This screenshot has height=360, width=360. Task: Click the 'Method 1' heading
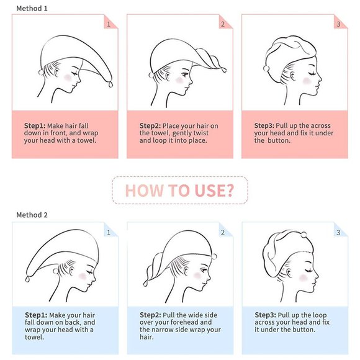tap(32, 9)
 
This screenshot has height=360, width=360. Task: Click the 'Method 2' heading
tap(32, 215)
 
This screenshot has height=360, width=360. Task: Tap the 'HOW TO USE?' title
tap(179, 191)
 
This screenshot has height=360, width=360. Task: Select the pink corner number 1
tap(109, 24)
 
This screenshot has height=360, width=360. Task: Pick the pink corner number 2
tap(223, 24)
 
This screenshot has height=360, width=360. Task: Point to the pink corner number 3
tap(338, 24)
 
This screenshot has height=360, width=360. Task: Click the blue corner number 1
tap(109, 233)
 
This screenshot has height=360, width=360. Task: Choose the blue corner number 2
tap(223, 233)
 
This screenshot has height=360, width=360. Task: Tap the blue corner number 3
tap(338, 233)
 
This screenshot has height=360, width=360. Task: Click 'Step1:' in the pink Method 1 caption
tap(35, 126)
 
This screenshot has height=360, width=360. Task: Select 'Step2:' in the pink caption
tap(150, 126)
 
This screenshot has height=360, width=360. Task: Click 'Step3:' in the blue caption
tap(266, 315)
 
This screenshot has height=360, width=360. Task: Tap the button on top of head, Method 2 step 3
tap(304, 235)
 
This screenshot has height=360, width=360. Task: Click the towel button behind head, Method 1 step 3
tap(266, 68)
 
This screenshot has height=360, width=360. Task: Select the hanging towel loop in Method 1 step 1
tap(110, 84)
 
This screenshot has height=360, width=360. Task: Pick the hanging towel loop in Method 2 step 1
tap(27, 279)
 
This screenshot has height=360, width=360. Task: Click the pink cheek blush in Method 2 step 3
tap(304, 278)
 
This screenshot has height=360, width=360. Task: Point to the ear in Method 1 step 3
tap(292, 76)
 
